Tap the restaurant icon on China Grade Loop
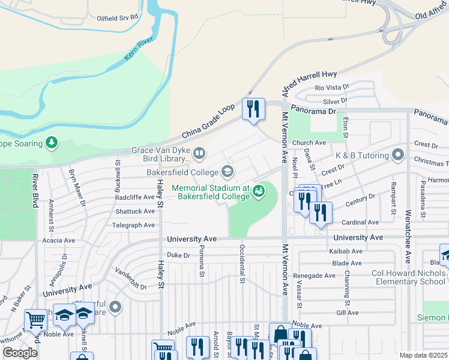tap(253, 109)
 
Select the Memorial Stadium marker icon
tap(259, 191)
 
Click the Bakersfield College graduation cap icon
tap(228, 173)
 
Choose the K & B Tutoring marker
tap(397, 155)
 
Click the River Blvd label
tap(36, 189)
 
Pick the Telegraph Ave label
tap(133, 226)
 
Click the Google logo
tap(20, 352)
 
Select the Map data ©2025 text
tap(423, 355)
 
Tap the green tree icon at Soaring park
tap(52, 143)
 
